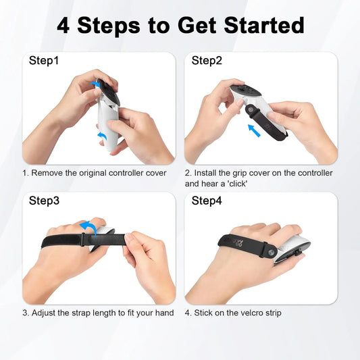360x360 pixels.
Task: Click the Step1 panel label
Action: (45, 61)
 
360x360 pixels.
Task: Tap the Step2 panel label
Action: (207, 61)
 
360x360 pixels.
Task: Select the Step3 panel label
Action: (45, 201)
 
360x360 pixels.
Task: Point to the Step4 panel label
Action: (207, 201)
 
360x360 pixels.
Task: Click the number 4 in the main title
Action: (63, 25)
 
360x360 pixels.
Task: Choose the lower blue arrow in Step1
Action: (103, 137)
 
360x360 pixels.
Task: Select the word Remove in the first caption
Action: (49, 173)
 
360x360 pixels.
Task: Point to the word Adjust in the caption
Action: (47, 313)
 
